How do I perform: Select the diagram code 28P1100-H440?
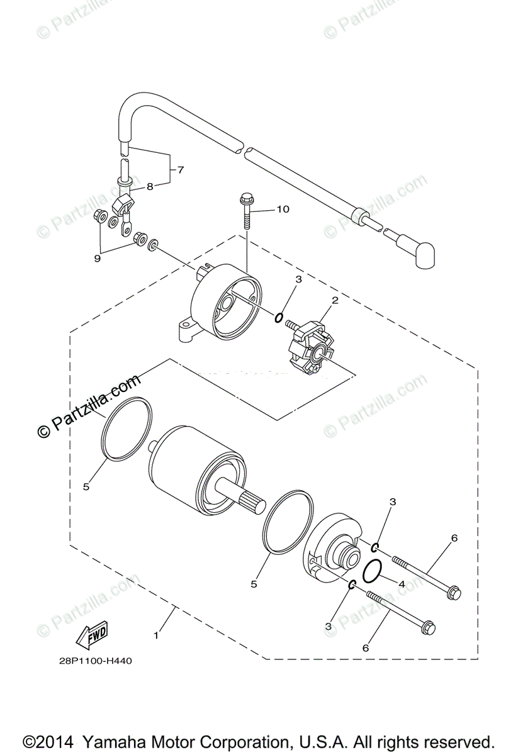coord(97,661)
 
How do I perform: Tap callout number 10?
coord(283,209)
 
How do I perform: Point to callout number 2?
coord(335,300)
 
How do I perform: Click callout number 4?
coord(400,583)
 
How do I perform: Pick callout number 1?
coord(156,635)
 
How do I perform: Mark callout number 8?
coord(150,186)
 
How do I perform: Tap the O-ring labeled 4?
coord(373,569)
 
